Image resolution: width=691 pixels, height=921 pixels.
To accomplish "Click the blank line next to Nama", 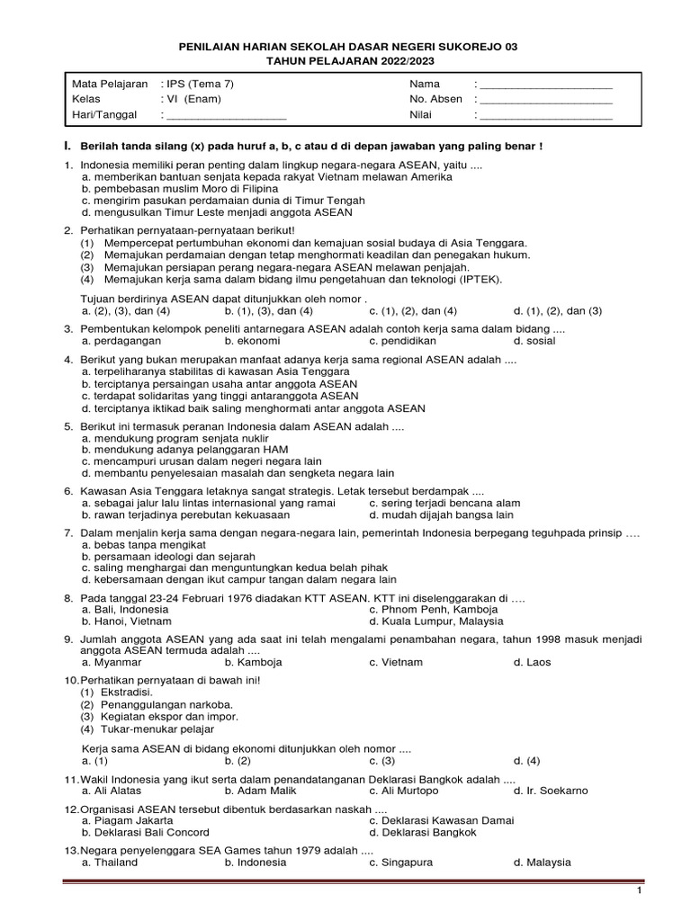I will pos(546,86).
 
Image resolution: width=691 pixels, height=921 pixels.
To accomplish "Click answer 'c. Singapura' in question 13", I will pos(400,862).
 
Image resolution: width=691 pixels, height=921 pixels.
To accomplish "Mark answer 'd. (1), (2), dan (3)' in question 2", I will pos(557,310).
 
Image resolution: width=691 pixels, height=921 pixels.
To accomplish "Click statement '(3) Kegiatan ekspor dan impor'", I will pos(159,717).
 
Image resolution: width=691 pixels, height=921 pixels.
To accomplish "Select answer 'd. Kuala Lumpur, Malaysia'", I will pos(435,621).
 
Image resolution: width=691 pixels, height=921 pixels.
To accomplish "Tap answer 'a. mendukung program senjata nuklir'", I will pos(167,438).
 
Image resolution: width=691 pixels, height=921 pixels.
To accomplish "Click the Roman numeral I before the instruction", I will pos(67,146).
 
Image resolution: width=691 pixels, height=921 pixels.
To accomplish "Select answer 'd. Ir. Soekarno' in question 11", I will pos(551,791).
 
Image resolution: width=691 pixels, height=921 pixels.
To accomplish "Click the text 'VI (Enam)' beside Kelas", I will pos(193,99).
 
